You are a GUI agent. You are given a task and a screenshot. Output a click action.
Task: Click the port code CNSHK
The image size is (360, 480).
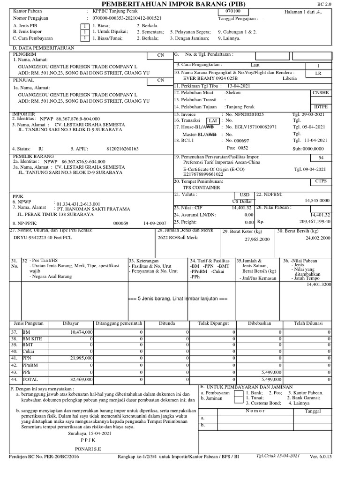[321, 93]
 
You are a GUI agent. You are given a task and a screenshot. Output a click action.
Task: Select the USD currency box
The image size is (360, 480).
[245, 194]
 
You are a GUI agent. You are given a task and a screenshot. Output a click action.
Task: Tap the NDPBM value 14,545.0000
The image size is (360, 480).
[318, 200]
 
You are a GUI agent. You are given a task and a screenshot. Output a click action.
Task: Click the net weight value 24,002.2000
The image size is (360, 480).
[318, 238]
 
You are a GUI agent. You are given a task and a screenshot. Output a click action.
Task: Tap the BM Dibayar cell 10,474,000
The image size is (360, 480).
[81, 332]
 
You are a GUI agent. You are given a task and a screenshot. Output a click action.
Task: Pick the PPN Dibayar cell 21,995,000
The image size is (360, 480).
[81, 358]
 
